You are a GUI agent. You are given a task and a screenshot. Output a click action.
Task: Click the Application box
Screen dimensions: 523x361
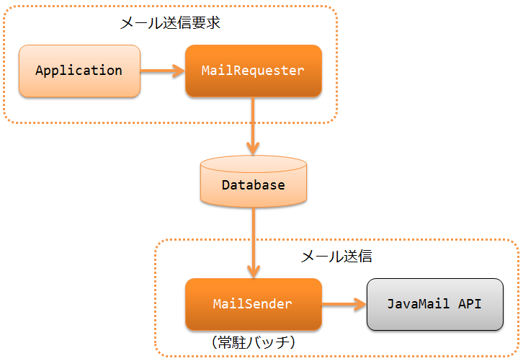click(x=79, y=71)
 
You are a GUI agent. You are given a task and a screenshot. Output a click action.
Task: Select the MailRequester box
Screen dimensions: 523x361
click(x=254, y=71)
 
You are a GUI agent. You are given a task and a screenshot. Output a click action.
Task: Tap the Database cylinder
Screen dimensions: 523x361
click(x=254, y=181)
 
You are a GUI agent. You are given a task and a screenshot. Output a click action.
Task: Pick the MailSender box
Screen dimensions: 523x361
click(x=254, y=304)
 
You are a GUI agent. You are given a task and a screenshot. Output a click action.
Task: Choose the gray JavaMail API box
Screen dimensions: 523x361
click(x=435, y=304)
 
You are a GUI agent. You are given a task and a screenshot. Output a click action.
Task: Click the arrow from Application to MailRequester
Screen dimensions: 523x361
click(x=162, y=71)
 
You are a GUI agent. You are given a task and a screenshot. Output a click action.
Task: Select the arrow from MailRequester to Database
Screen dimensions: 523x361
click(x=253, y=126)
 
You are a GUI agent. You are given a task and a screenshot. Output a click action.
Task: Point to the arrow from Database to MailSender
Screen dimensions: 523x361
click(x=254, y=243)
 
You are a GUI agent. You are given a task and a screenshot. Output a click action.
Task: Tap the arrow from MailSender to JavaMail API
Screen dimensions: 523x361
click(x=344, y=304)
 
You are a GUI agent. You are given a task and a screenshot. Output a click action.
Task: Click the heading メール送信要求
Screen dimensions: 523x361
click(x=170, y=22)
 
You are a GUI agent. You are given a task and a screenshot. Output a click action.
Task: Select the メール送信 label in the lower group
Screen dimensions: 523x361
click(x=336, y=257)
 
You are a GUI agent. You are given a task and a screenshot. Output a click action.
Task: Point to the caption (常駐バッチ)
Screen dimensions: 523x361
click(x=254, y=342)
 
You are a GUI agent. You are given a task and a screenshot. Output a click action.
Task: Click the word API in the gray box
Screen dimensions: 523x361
click(x=470, y=304)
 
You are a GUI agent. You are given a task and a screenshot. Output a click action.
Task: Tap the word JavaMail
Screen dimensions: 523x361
click(x=419, y=304)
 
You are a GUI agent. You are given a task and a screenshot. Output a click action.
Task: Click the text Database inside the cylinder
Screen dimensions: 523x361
click(x=254, y=185)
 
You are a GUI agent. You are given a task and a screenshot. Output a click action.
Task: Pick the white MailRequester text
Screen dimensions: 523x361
click(x=253, y=71)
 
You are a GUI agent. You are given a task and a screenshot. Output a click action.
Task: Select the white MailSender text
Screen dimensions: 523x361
click(x=252, y=304)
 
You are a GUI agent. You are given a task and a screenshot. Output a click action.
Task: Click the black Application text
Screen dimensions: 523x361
click(x=79, y=71)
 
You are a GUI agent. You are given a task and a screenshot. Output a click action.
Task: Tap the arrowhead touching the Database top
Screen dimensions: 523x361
click(x=253, y=148)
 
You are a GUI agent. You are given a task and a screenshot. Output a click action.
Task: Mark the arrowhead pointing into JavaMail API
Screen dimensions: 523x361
click(x=360, y=304)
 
